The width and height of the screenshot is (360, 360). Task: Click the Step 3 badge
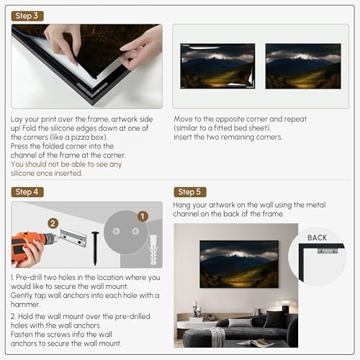pyautogui.click(x=27, y=16)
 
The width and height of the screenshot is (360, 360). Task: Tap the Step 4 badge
pyautogui.click(x=27, y=192)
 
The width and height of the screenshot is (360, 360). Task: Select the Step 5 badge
pyautogui.click(x=190, y=192)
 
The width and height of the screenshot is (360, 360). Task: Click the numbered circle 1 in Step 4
pyautogui.click(x=143, y=216)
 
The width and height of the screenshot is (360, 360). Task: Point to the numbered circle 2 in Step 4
pyautogui.click(x=53, y=224)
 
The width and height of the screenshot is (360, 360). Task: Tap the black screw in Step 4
pyautogui.click(x=95, y=248)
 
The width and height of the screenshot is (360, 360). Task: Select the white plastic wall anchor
pyautogui.click(x=153, y=250)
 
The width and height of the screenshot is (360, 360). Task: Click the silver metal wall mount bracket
pyautogui.click(x=73, y=238)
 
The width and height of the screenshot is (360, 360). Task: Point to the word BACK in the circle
pyautogui.click(x=317, y=238)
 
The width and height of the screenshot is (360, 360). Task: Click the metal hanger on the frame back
pyautogui.click(x=328, y=251)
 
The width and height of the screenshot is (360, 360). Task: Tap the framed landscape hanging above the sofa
pyautogui.click(x=239, y=264)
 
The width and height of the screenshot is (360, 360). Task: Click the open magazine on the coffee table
pyautogui.click(x=255, y=343)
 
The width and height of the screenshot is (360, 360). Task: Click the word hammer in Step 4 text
pyautogui.click(x=25, y=305)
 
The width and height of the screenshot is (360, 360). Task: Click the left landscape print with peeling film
pyautogui.click(x=217, y=66)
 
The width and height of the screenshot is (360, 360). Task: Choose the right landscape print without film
pyautogui.click(x=303, y=66)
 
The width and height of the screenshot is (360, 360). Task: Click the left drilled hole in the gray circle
pyautogui.click(x=117, y=231)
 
